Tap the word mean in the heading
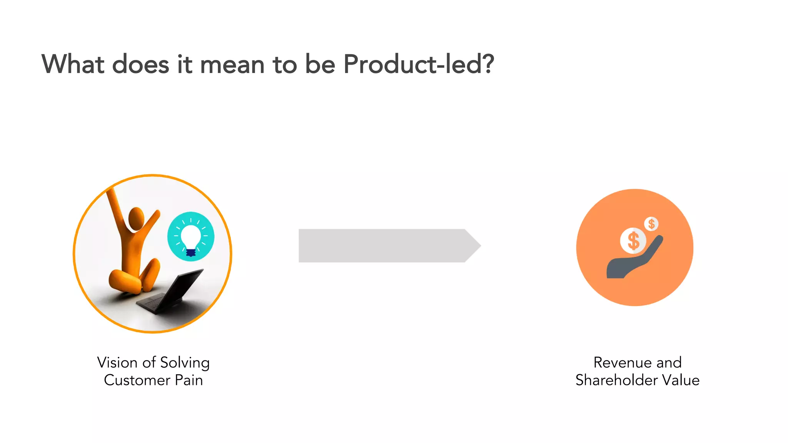232,65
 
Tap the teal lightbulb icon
191,236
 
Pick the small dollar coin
651,223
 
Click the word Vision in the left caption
117,363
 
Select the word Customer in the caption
137,380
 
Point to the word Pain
189,380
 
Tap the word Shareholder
616,380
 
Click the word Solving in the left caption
185,363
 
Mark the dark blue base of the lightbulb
191,252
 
